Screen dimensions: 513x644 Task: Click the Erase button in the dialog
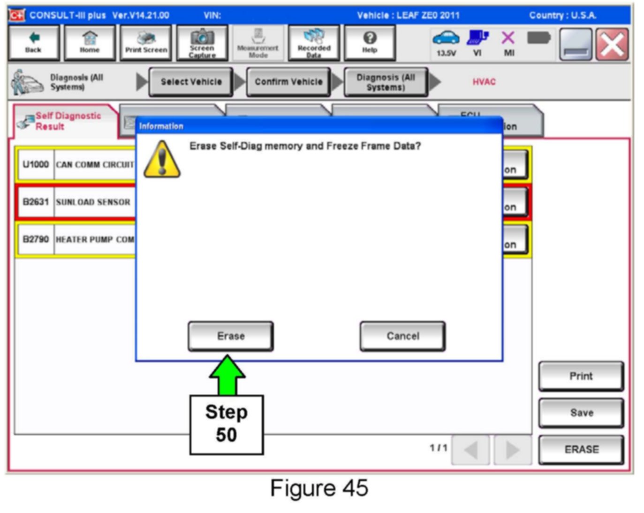coord(230,336)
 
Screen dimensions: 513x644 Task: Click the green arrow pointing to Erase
coord(227,375)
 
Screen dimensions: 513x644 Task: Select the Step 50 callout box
coord(227,424)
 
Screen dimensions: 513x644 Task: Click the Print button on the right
coord(581,376)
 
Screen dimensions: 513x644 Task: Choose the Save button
coord(581,413)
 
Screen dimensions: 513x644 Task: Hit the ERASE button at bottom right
coord(581,450)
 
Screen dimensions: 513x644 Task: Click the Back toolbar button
coord(33,43)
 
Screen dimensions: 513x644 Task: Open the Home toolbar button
coord(89,43)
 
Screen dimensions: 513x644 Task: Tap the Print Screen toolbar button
coord(146,43)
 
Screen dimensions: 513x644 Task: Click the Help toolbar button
coord(370,43)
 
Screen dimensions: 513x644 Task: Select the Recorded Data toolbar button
coord(314,43)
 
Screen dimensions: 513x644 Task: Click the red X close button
coord(612,45)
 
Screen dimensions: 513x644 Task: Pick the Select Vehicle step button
coord(191,82)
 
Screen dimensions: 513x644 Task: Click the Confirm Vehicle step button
coord(288,82)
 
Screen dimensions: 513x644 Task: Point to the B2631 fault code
coord(36,202)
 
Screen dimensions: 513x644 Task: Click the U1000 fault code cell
coord(36,164)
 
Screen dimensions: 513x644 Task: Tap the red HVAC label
coord(484,82)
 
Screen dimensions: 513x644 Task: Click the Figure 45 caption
coord(319,488)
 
